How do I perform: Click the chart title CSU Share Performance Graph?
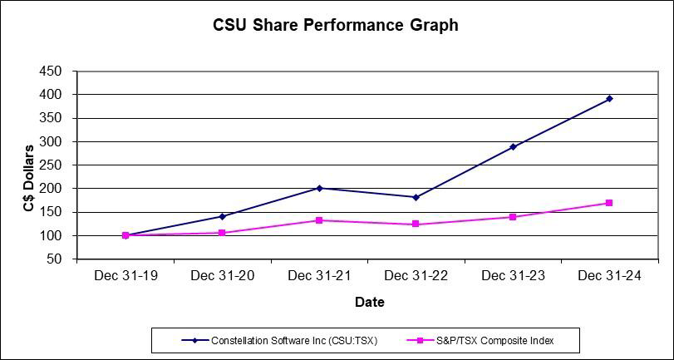pos(336,25)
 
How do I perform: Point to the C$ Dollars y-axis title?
pos(28,177)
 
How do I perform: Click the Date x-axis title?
pos(369,302)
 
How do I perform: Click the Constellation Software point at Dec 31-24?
pos(609,99)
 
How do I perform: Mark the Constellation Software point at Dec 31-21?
pos(319,188)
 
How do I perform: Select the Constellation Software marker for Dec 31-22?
pos(416,197)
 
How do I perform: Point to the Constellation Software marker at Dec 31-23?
pos(513,147)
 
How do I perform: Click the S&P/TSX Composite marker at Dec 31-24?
pos(609,203)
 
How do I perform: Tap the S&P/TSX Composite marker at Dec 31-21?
pos(319,220)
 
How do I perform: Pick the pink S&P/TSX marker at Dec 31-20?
pos(222,233)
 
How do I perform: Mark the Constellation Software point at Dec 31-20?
pos(222,216)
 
